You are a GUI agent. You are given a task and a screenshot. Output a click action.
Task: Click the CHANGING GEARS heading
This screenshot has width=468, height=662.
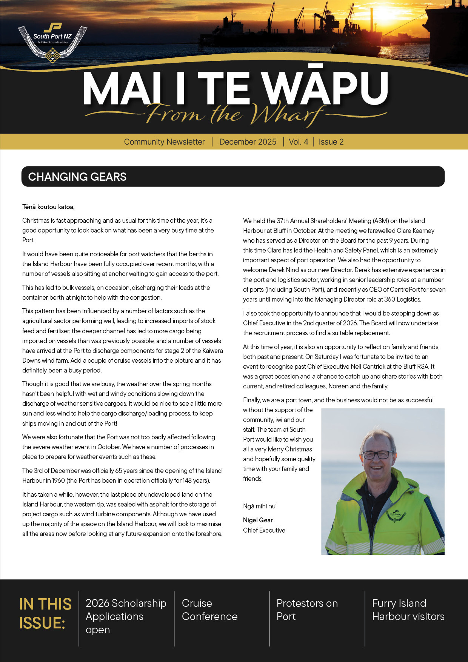pos(77,177)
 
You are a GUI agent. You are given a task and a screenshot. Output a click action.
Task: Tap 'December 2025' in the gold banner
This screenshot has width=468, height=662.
pos(248,142)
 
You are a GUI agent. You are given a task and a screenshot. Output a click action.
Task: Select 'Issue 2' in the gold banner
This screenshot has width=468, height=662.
pos(331,142)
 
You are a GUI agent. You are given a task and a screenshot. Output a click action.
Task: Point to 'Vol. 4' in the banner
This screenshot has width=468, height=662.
pos(298,142)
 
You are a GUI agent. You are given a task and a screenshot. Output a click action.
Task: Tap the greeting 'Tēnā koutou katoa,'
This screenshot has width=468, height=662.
pos(48,207)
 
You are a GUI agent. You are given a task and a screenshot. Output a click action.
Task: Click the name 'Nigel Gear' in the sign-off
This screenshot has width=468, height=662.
pos(258,520)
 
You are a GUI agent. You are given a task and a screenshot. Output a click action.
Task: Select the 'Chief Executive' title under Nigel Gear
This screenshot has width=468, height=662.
pos(264,530)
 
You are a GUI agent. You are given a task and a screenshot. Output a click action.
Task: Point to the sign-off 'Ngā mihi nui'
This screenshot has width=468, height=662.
pos(260,506)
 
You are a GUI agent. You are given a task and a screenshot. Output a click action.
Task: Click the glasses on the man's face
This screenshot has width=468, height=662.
pos(378,454)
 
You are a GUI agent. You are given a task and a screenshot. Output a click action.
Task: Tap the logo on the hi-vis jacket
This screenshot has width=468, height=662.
pos(395,515)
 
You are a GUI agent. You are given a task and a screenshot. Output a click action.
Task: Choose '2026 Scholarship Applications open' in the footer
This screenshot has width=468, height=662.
pos(126,616)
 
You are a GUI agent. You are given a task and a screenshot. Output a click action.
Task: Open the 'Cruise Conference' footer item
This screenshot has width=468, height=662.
pos(209,610)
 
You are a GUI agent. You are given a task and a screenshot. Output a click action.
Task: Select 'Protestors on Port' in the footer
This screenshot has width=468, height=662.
pos(307,610)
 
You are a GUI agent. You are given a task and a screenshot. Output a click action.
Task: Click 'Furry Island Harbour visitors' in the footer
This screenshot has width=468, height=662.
pos(408,610)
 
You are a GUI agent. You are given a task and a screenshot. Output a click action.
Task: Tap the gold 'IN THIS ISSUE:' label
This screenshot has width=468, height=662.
pos(45,614)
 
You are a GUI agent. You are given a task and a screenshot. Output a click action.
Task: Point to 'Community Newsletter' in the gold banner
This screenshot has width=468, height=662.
pos(164,142)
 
